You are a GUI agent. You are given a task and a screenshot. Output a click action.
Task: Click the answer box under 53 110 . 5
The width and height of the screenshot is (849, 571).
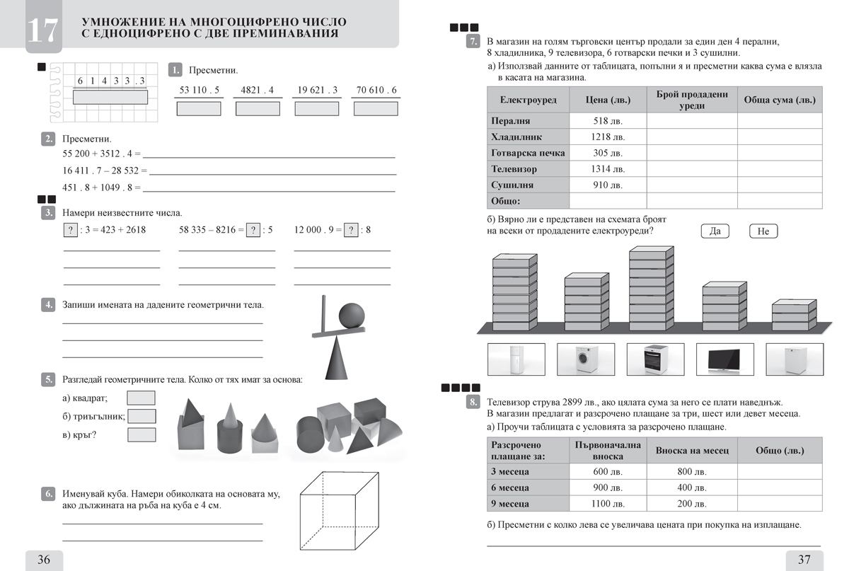198,108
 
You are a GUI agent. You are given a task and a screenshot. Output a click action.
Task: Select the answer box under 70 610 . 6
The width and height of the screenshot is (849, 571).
376,108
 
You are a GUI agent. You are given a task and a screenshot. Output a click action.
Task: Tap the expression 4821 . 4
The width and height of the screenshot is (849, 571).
257,90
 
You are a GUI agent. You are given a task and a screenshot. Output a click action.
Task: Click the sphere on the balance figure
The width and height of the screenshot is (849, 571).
352,316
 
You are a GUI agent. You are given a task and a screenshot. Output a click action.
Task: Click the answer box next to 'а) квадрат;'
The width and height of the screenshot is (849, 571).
141,398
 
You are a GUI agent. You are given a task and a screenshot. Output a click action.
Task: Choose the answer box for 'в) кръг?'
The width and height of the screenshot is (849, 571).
141,434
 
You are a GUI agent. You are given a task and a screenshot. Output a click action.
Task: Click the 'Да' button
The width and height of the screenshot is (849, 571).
715,231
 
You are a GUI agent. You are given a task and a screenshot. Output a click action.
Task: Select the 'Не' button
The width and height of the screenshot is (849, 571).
763,231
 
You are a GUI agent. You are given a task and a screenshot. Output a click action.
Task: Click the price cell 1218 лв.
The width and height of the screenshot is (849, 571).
608,137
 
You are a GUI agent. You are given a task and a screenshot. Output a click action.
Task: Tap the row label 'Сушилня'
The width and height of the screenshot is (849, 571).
512,185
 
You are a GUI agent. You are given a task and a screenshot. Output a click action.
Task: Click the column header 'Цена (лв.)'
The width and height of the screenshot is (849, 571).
608,100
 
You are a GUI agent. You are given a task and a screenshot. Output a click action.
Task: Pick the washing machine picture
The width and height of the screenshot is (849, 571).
585,359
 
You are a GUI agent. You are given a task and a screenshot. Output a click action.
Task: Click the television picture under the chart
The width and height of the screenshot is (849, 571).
725,359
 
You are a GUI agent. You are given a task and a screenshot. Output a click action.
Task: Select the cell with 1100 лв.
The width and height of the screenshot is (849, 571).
608,504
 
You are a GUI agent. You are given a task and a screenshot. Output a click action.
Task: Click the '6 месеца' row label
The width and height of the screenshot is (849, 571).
510,488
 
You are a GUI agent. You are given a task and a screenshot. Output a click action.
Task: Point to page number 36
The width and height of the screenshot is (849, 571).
43,560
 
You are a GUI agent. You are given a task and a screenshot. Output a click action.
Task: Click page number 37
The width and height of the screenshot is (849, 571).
804,560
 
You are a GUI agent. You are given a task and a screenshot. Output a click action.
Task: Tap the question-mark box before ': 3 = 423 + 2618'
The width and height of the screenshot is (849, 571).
70,229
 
